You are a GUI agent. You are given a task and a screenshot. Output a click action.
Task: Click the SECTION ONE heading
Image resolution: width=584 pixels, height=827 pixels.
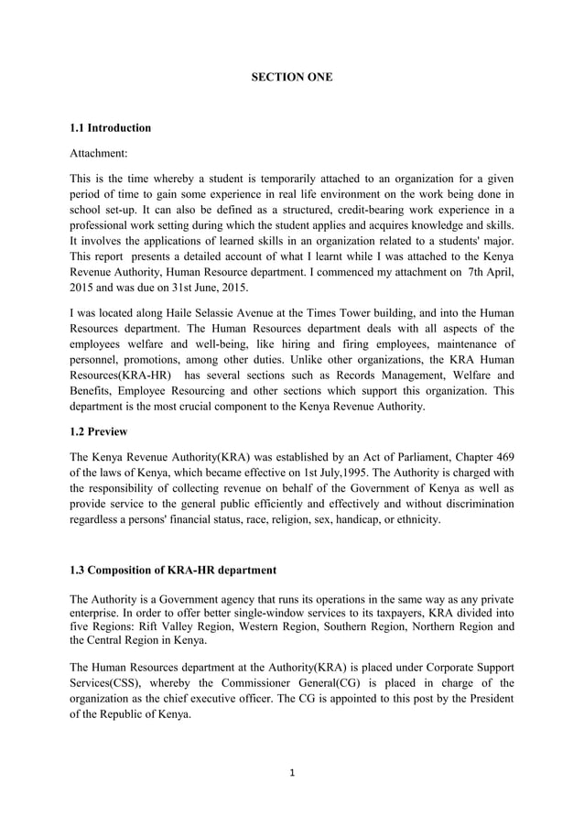pos(292,78)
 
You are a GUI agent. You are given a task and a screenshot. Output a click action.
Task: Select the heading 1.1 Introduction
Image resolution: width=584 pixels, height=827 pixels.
pos(110,127)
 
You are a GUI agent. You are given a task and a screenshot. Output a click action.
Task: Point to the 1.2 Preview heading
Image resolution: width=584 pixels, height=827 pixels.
pos(98,431)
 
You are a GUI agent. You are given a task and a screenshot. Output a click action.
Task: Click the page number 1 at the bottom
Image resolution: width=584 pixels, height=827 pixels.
pos(292,773)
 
